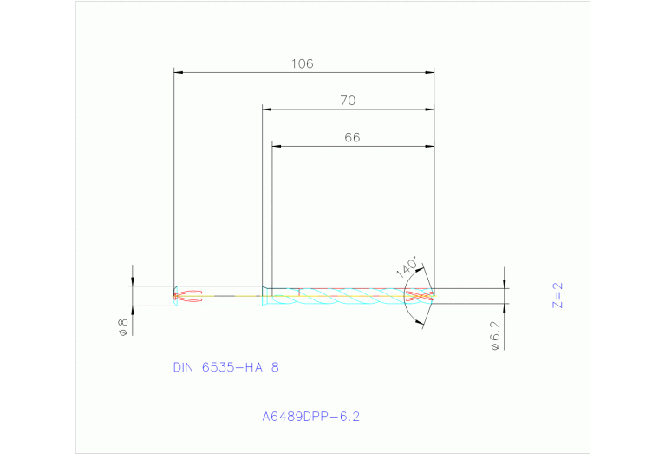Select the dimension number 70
(347, 101)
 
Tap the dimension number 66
(352, 137)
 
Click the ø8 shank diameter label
(123, 327)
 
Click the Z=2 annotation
(558, 295)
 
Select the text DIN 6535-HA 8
(225, 367)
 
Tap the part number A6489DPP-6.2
(310, 417)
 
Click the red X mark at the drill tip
(418, 296)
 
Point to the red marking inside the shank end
(188, 296)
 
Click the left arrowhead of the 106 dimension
(179, 72)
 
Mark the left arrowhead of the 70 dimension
(268, 109)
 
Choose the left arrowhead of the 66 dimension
(277, 146)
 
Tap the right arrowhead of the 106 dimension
(429, 72)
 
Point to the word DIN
(184, 367)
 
